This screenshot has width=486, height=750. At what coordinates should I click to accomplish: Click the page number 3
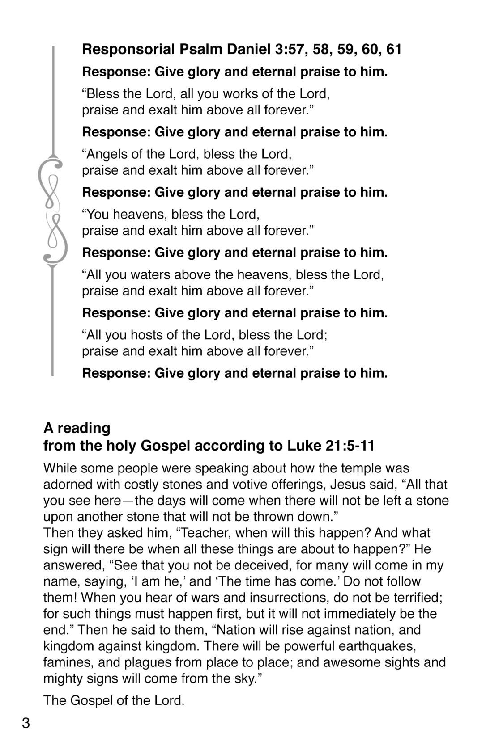pos(26,722)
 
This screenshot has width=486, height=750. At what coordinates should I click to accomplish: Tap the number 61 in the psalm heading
pos(394,49)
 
